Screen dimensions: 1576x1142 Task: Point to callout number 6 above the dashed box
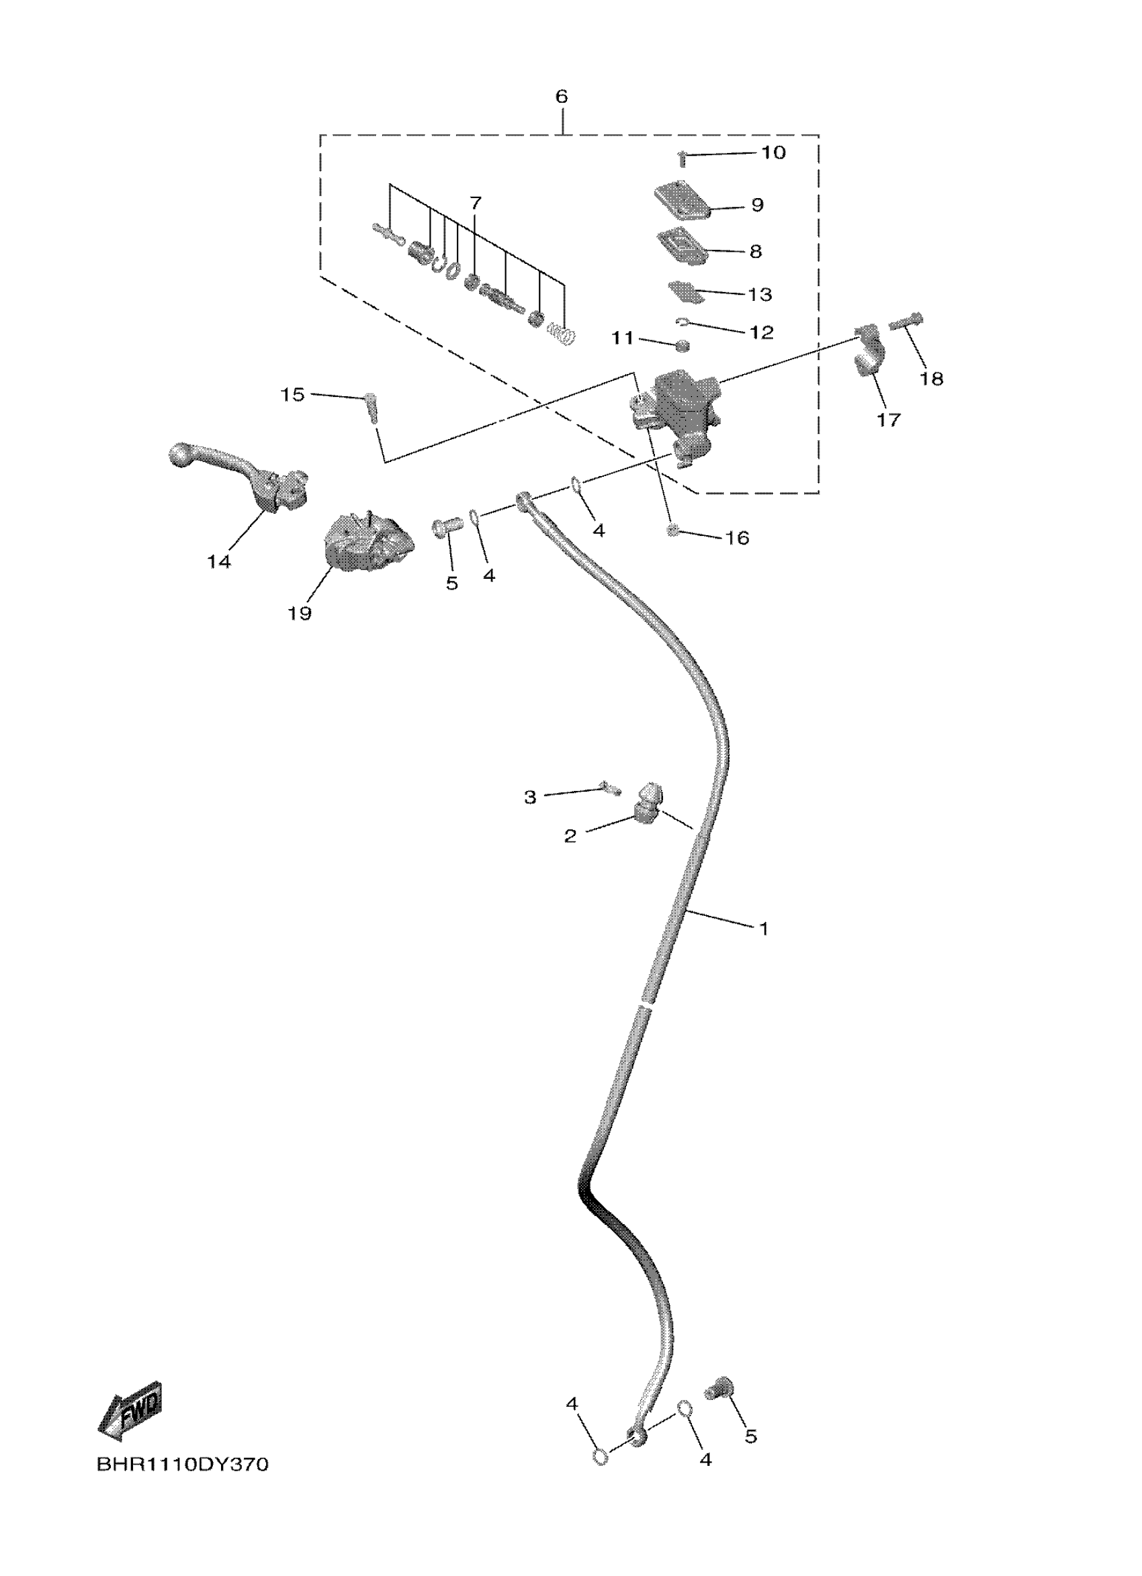coord(561,97)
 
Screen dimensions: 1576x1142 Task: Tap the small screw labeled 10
coord(682,159)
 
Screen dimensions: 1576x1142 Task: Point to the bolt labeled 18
coord(906,322)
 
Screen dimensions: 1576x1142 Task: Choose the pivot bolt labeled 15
coord(372,406)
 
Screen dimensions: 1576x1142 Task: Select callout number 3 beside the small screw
coord(529,797)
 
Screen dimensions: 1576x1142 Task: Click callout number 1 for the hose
coord(763,929)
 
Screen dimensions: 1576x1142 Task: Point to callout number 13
coord(760,295)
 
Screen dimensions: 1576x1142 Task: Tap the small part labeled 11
coord(682,344)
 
